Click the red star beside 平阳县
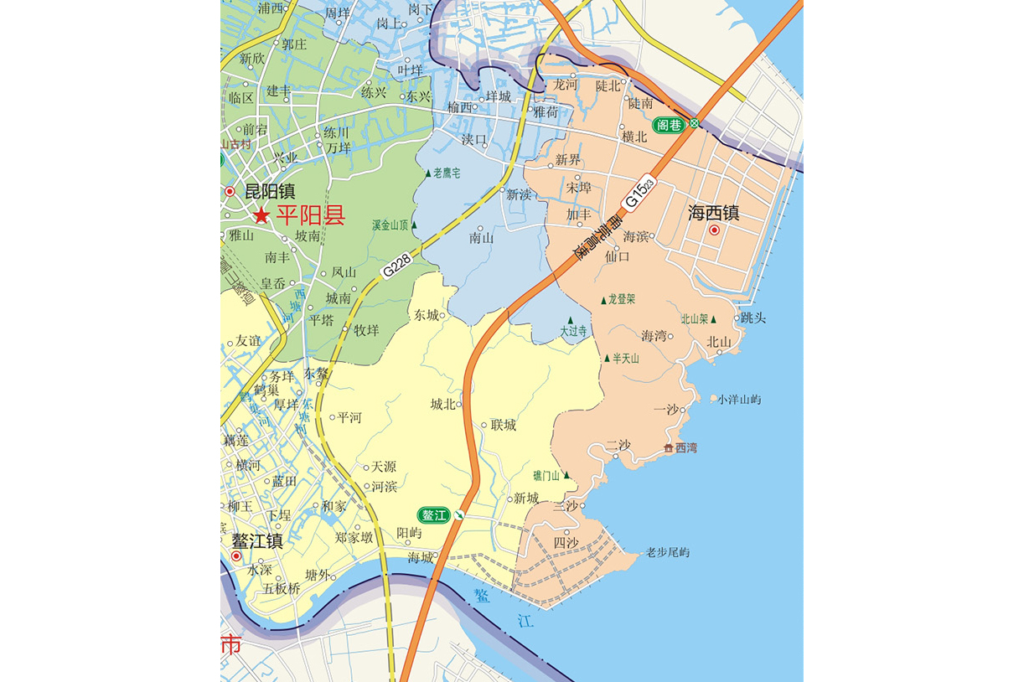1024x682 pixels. pos(262,216)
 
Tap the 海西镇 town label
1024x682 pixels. pos(713,213)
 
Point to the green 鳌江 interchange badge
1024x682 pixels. pos(436,514)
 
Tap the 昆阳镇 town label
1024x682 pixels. pos(270,192)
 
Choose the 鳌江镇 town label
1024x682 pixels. pos(257,541)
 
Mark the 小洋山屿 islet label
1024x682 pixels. pos(739,400)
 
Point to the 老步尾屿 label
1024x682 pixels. pos(667,552)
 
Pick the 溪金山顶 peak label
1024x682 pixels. pos(390,225)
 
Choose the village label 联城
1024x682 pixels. pos(504,425)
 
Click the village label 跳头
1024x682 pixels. pos(753,318)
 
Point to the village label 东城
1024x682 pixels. pos(426,316)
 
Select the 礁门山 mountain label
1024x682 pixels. pos(548,475)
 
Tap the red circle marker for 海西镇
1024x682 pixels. pos(715,230)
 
